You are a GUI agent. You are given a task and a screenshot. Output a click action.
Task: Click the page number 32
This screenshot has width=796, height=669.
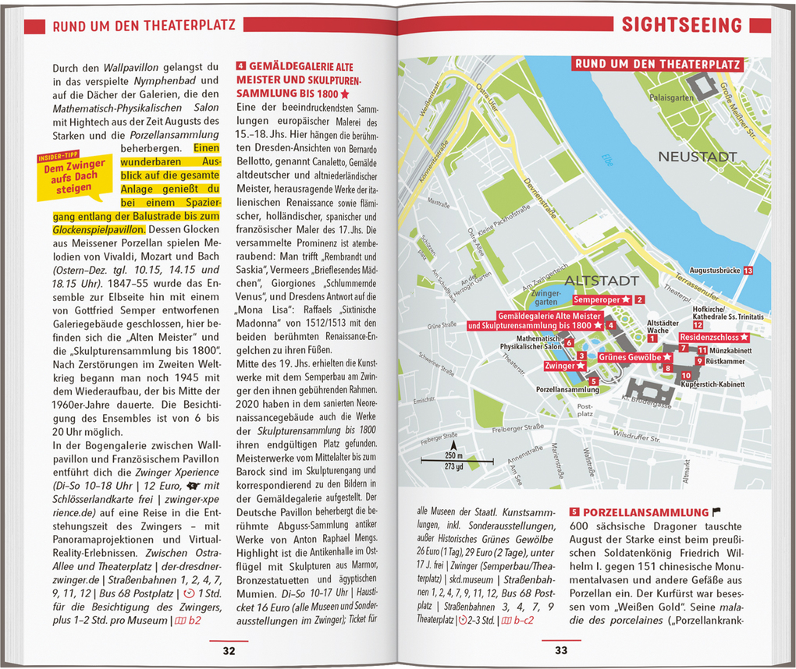pyautogui.click(x=229, y=651)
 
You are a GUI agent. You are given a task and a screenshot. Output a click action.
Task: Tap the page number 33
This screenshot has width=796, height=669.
pyautogui.click(x=561, y=651)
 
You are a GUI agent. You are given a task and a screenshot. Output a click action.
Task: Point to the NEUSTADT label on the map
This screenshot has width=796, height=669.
pyautogui.click(x=697, y=157)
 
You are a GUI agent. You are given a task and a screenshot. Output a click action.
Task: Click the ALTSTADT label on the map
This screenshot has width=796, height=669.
pyautogui.click(x=601, y=280)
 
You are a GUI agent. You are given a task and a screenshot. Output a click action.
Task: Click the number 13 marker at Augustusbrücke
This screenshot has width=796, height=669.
pyautogui.click(x=748, y=270)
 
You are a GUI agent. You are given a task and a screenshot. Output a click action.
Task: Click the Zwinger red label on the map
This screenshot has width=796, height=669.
pyautogui.click(x=560, y=366)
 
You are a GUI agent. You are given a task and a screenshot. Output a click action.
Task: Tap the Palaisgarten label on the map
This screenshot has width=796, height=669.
pyautogui.click(x=670, y=98)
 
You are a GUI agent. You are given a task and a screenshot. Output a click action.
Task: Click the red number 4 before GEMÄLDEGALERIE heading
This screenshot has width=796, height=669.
pyautogui.click(x=241, y=66)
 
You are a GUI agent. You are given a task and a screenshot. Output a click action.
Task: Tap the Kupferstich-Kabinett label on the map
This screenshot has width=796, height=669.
pyautogui.click(x=712, y=384)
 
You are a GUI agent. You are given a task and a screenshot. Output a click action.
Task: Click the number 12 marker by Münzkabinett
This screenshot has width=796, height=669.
pyautogui.click(x=698, y=346)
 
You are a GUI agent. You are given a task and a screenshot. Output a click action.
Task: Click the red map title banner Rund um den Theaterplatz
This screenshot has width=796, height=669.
pyautogui.click(x=656, y=65)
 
